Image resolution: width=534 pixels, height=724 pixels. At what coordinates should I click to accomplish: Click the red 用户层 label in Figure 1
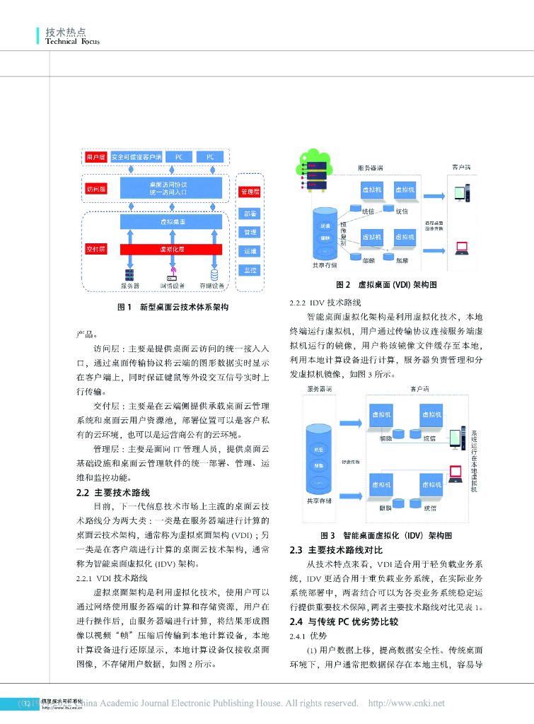[95, 156]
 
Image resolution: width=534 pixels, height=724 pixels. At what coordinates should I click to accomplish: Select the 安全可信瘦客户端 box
[137, 156]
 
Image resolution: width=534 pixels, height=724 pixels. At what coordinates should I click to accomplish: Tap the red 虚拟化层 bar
[172, 250]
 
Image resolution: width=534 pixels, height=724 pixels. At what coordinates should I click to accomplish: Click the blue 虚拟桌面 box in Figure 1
[172, 221]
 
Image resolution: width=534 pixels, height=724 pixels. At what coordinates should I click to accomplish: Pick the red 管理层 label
[250, 192]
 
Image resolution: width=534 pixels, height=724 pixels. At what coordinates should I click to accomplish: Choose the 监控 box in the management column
[250, 270]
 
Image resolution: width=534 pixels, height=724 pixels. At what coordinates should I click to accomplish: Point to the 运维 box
[250, 251]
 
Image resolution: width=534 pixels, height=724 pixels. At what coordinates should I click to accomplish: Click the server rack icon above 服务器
[129, 274]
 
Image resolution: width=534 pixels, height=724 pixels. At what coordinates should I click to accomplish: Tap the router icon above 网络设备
[172, 274]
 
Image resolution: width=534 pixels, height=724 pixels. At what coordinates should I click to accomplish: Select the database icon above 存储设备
[214, 274]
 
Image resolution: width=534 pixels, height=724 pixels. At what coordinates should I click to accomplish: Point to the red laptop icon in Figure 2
[461, 247]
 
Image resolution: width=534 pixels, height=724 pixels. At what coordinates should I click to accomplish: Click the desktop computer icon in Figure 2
[460, 192]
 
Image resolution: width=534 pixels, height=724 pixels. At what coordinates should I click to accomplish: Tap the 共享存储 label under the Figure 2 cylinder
[325, 266]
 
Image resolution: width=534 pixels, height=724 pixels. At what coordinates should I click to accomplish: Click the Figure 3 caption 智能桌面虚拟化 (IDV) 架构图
[386, 536]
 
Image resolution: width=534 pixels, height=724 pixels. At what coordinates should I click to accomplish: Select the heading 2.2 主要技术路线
[113, 493]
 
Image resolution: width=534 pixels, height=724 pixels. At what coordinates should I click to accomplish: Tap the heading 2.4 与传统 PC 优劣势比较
[344, 622]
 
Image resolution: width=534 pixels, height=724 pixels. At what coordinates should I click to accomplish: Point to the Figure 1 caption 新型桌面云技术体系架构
[173, 307]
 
